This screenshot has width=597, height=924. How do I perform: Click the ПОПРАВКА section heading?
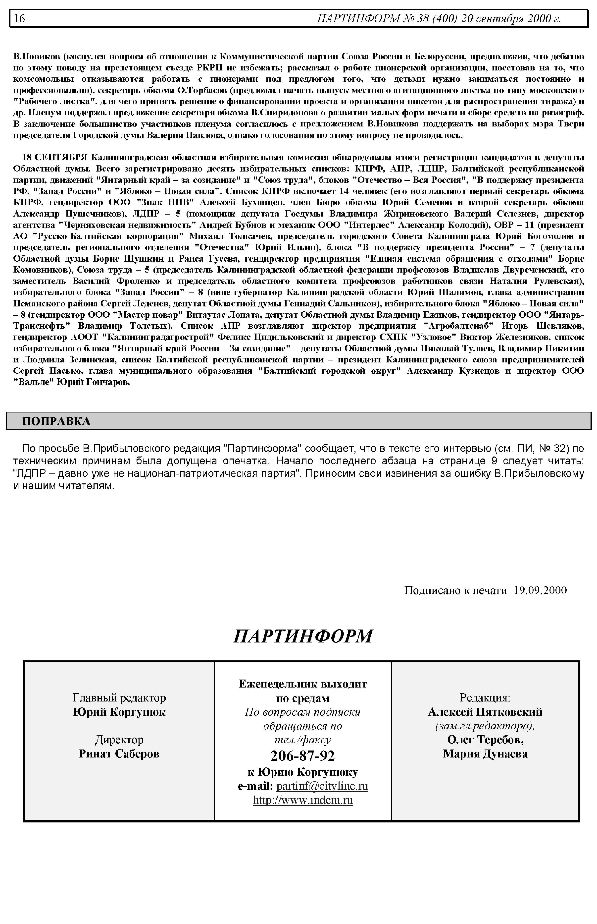(x=56, y=421)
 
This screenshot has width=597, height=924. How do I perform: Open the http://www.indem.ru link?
(x=303, y=800)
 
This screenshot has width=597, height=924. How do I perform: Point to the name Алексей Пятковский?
(x=485, y=712)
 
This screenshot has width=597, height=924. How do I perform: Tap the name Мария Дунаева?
(x=485, y=754)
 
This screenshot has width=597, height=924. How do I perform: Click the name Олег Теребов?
(x=485, y=740)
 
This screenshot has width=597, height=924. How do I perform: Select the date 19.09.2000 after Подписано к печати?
(x=540, y=590)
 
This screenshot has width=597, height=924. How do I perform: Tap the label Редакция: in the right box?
(x=485, y=698)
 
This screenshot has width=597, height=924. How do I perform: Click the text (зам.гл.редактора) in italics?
(x=485, y=726)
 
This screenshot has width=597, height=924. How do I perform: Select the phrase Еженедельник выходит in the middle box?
(x=303, y=684)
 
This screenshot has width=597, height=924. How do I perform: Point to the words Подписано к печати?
(x=455, y=590)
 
